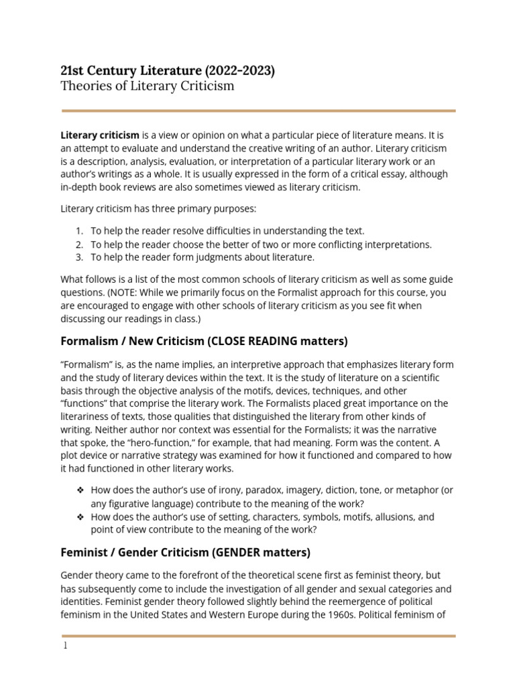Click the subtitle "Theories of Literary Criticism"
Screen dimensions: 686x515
tap(148, 86)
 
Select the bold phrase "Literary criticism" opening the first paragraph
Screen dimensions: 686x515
tap(100, 135)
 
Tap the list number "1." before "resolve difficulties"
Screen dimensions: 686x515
tap(79, 231)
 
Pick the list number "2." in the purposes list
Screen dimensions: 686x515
tap(79, 245)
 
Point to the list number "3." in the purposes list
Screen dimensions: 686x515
tap(79, 257)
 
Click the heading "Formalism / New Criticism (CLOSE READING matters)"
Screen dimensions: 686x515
tap(204, 341)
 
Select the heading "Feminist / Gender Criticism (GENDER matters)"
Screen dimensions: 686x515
tap(185, 553)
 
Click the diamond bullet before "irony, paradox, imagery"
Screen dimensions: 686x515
tap(79, 490)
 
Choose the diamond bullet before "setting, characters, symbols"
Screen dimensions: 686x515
tap(79, 517)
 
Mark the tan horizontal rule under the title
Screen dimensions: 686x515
tap(258, 111)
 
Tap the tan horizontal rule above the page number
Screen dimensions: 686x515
tap(258, 635)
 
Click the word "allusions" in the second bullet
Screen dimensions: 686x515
tap(389, 517)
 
